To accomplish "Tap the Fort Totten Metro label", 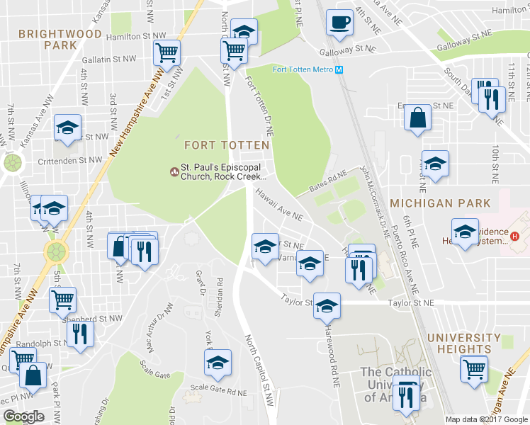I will click(303, 69).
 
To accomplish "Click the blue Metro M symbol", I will click(339, 69).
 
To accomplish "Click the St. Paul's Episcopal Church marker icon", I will click(174, 171).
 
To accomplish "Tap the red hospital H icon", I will click(515, 236).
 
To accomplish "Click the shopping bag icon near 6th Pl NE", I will click(418, 118).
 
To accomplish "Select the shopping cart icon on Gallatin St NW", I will click(167, 52).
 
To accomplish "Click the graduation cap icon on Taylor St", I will click(326, 306).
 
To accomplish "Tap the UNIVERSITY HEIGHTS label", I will click(459, 344).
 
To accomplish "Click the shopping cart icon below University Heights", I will click(474, 368).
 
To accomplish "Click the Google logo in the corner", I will click(23, 416).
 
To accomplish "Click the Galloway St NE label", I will click(346, 49).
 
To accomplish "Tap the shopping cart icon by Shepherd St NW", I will click(62, 300).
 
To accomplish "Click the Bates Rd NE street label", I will click(327, 182).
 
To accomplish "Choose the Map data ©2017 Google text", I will click(486, 419).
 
